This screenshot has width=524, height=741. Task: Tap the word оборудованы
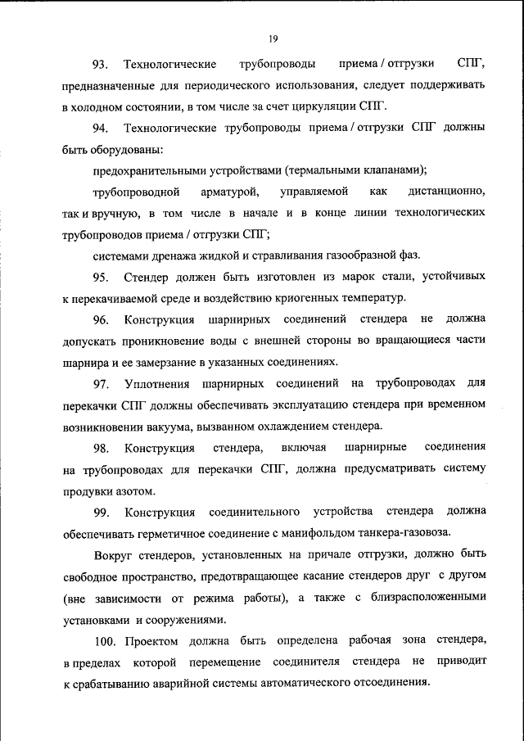click(124, 149)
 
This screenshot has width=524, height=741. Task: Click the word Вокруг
click(113, 554)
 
